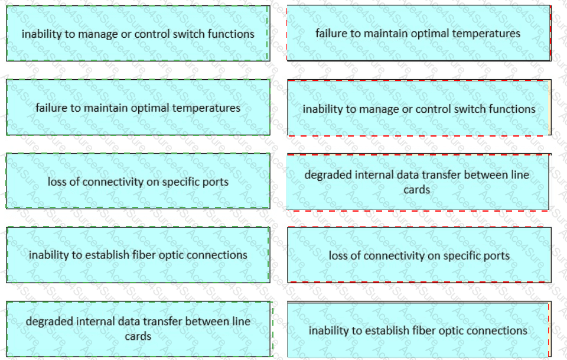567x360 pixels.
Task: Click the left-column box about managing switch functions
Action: click(x=138, y=34)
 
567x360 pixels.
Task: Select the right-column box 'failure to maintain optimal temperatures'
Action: click(x=418, y=34)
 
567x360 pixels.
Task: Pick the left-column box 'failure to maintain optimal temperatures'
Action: click(x=138, y=108)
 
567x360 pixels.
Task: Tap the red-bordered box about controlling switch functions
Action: click(x=418, y=109)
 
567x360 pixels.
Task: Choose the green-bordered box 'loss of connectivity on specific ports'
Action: click(x=138, y=181)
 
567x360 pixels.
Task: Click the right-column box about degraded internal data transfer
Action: click(x=417, y=181)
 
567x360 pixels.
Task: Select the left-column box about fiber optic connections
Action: click(x=138, y=255)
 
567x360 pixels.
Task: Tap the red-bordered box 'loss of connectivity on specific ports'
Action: click(x=418, y=256)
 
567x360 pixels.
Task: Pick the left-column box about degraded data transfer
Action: click(x=138, y=329)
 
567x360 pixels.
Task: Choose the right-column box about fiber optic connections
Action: click(x=418, y=330)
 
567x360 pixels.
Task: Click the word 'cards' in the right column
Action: click(x=417, y=190)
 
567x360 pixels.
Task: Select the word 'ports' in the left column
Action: click(x=215, y=181)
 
